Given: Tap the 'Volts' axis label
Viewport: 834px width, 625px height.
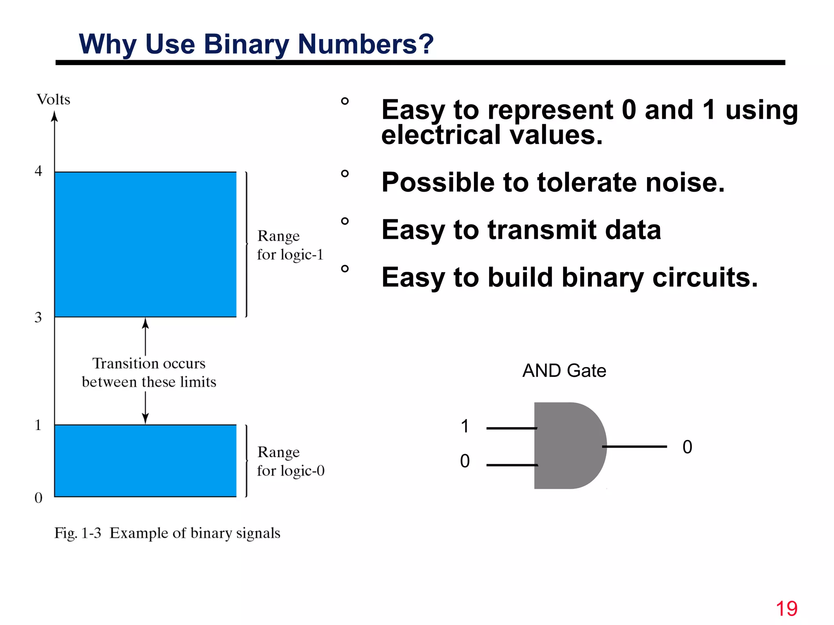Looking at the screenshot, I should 53,100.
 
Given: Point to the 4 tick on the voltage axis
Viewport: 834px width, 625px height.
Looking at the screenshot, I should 38,171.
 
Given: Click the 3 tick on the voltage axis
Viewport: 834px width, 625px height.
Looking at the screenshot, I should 38,317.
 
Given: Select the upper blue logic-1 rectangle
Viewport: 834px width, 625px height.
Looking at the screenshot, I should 145,244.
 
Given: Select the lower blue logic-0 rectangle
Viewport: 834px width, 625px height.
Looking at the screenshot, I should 145,461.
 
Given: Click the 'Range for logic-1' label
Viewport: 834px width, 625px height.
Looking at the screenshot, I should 290,245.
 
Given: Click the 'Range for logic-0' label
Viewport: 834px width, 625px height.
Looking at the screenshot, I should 290,461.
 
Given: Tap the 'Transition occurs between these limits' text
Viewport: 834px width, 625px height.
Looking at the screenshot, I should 149,372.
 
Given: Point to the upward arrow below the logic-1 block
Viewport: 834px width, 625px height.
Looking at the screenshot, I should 145,336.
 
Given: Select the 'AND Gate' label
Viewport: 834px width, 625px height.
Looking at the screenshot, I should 564,371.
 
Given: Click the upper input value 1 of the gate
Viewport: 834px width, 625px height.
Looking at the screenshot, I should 465,426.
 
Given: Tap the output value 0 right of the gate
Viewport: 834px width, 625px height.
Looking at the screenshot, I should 687,447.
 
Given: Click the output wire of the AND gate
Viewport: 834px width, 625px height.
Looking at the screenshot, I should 635,447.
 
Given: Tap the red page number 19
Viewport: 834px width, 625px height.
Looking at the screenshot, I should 786,609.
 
